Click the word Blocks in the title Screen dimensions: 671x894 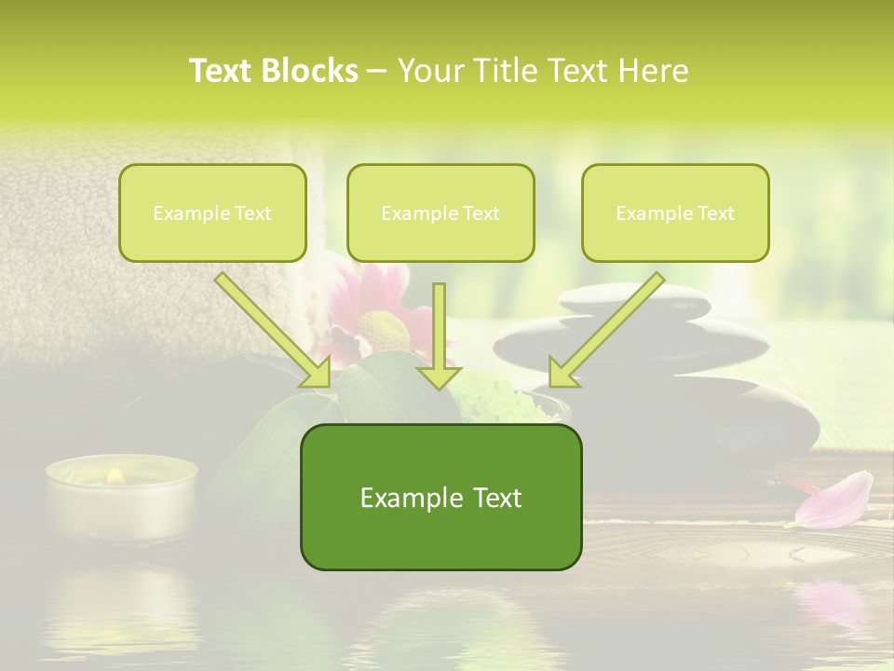tap(311, 71)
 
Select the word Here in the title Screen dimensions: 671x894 tap(656, 71)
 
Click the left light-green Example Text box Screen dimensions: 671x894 tap(212, 212)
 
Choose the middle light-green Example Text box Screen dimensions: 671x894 tap(440, 212)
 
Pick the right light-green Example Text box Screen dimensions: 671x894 tap(675, 212)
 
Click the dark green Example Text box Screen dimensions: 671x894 tap(440, 497)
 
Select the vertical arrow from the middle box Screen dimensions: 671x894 tap(439, 335)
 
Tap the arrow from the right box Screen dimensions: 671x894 tap(606, 330)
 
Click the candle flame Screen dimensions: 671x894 tap(115, 475)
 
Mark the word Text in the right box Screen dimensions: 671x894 tap(716, 213)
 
